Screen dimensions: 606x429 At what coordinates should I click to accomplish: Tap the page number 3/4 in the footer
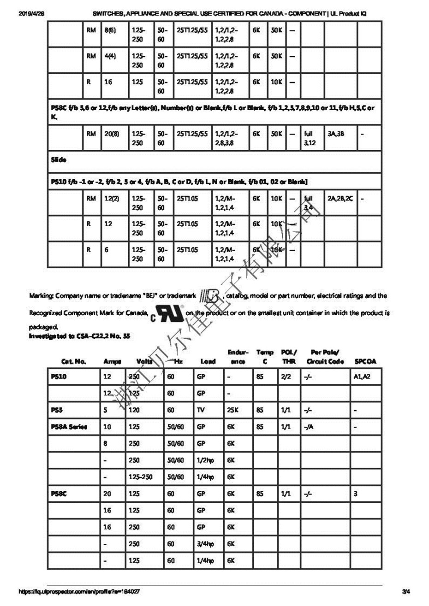(405, 591)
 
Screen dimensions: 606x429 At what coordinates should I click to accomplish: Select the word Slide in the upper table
(59, 160)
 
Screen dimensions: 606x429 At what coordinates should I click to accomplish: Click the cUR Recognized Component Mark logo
(167, 313)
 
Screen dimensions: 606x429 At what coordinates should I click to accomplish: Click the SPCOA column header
(365, 362)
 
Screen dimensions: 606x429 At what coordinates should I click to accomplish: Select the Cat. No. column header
(73, 362)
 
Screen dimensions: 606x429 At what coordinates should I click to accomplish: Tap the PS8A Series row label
(69, 427)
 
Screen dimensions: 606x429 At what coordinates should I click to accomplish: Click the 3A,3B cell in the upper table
(336, 134)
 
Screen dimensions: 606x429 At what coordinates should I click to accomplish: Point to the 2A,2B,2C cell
(340, 199)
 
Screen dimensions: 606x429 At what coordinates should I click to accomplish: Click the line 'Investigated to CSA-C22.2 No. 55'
(79, 336)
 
